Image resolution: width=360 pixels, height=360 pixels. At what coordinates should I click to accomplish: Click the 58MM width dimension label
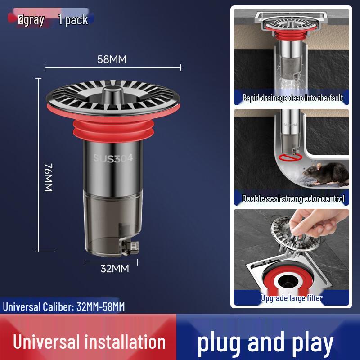(112, 59)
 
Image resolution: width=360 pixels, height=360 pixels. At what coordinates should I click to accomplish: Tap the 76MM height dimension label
(49, 178)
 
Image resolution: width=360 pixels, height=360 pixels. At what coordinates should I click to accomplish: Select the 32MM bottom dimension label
(114, 269)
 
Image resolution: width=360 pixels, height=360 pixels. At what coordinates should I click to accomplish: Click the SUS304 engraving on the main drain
(113, 158)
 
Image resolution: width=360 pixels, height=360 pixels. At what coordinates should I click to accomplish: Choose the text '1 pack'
(73, 20)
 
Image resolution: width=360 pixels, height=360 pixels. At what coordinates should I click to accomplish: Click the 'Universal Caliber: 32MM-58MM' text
(64, 307)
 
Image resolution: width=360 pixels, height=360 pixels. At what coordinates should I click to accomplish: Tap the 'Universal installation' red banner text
(89, 342)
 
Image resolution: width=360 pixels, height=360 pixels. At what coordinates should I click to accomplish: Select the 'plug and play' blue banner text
(265, 342)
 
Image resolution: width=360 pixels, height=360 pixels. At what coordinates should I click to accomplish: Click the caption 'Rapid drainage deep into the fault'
(292, 98)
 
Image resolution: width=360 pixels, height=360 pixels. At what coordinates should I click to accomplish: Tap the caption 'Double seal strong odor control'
(293, 198)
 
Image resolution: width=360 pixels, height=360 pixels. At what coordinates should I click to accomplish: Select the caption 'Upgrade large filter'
(292, 298)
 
